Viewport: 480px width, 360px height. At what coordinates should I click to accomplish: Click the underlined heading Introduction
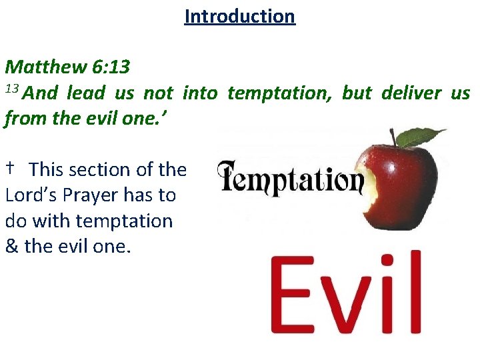[x=239, y=16]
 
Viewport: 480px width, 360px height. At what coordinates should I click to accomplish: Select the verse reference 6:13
[x=111, y=67]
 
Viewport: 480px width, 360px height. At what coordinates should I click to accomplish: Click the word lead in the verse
[x=86, y=93]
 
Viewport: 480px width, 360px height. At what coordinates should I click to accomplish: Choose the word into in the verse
[x=199, y=93]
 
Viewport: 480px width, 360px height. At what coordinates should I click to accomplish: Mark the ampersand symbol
[x=11, y=247]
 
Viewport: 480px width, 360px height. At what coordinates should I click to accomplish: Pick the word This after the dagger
[x=48, y=170]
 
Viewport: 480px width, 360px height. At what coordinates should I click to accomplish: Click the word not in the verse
[x=159, y=93]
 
